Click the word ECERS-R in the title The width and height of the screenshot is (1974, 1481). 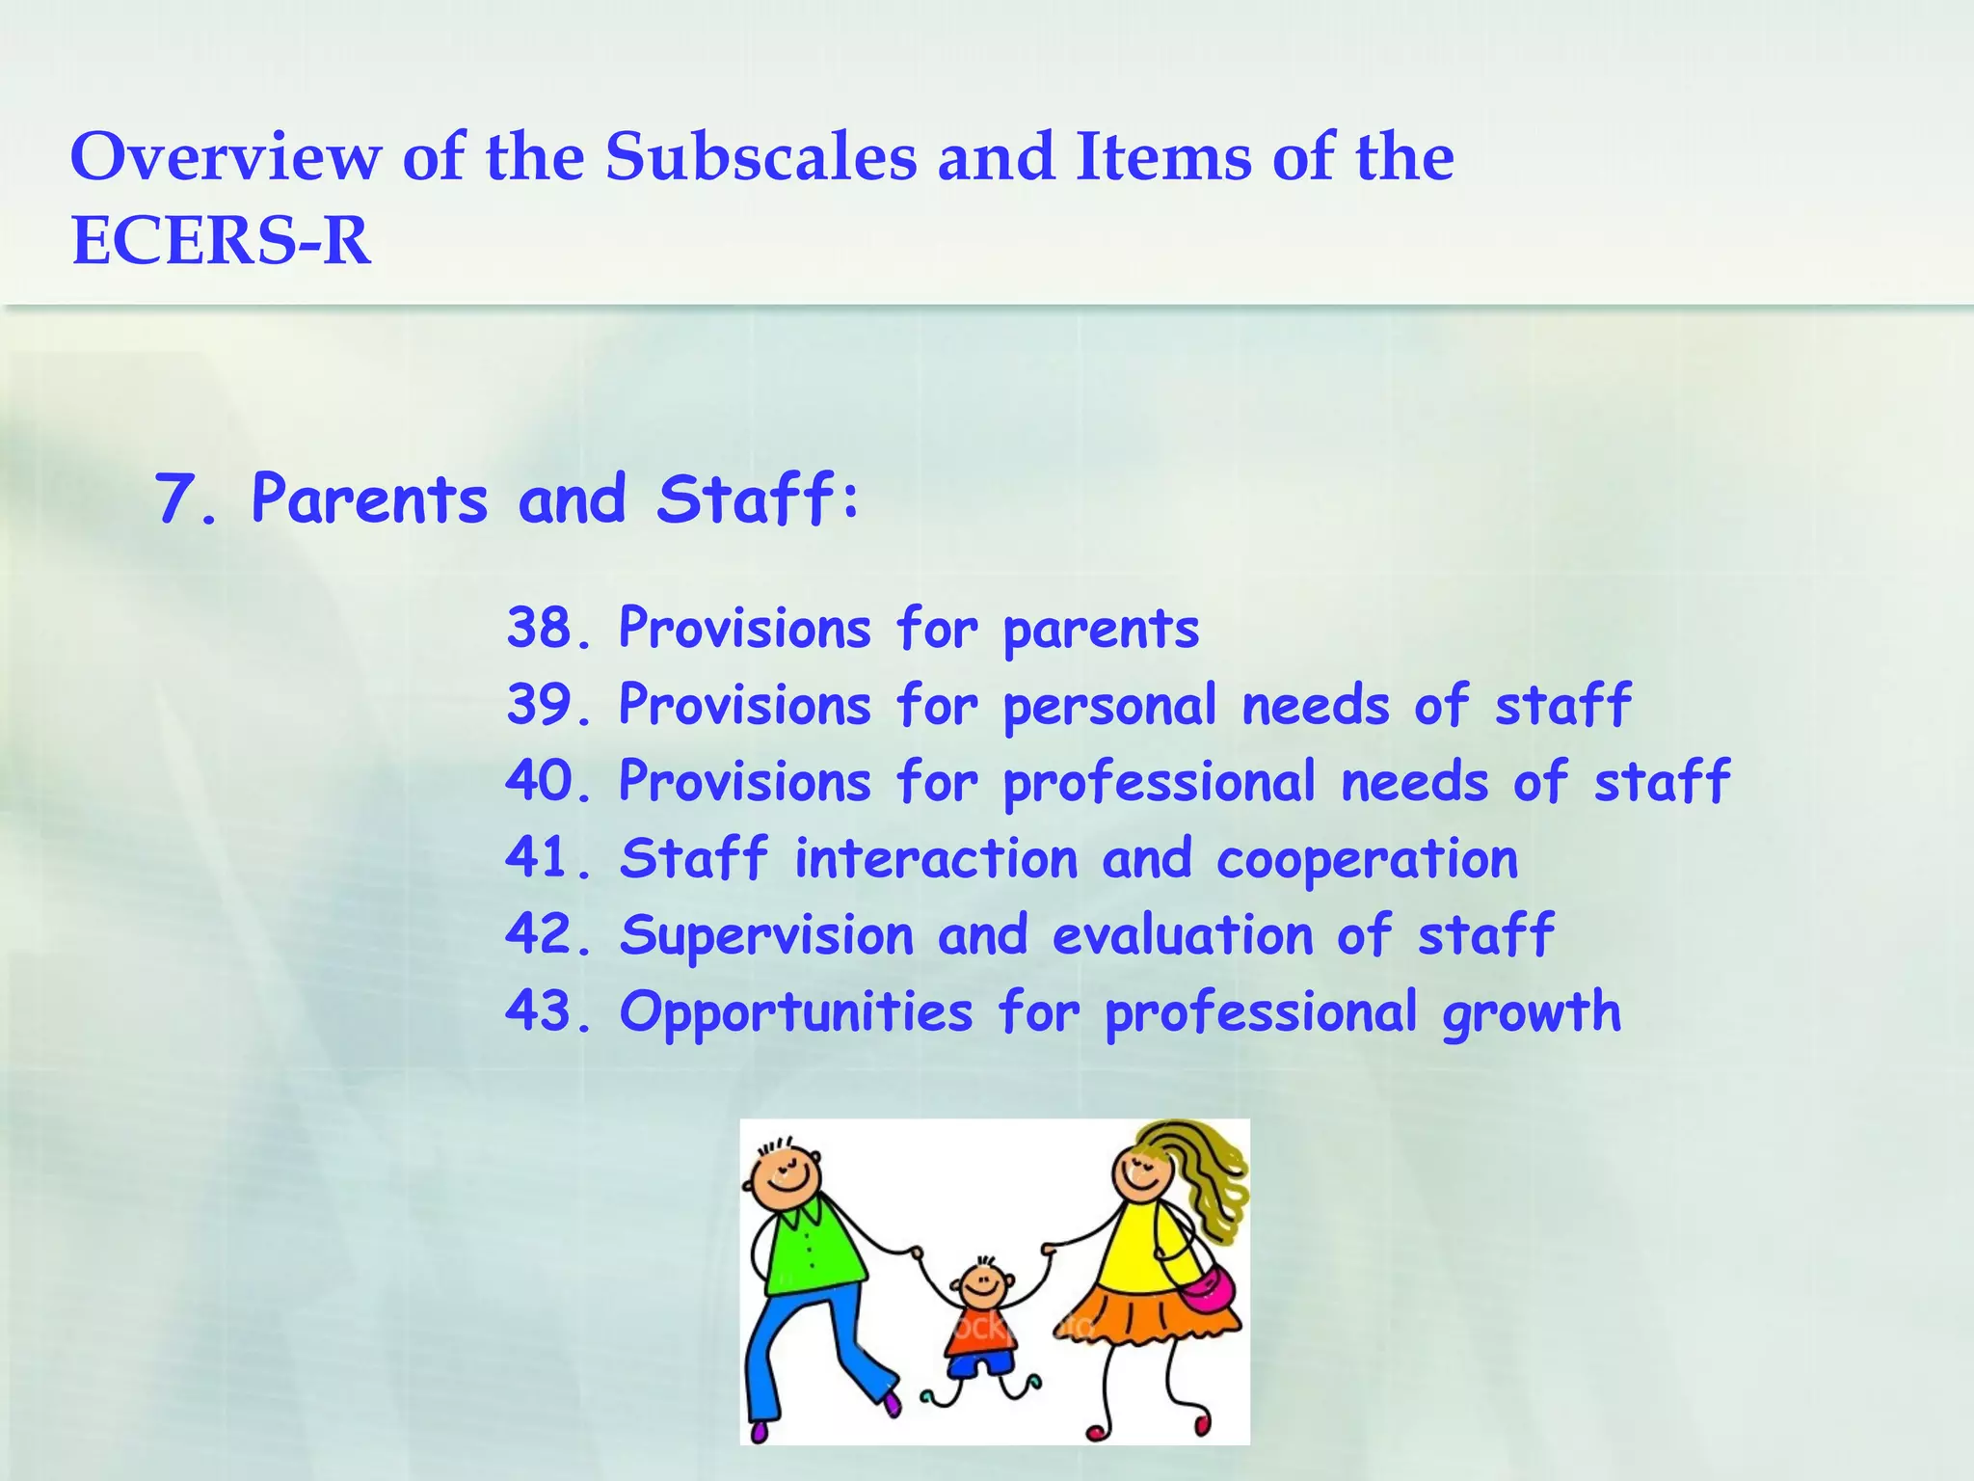coord(221,240)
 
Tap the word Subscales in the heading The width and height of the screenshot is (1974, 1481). coord(760,156)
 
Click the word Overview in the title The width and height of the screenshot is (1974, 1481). coord(226,156)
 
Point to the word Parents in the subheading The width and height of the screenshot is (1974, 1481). coord(369,499)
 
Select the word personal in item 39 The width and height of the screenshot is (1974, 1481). coord(1110,706)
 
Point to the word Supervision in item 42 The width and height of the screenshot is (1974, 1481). coord(766,935)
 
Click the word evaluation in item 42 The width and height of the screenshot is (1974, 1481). coord(1183,935)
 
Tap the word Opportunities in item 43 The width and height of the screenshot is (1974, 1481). coord(796,1013)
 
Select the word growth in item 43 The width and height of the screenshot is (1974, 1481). coord(1531,1013)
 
